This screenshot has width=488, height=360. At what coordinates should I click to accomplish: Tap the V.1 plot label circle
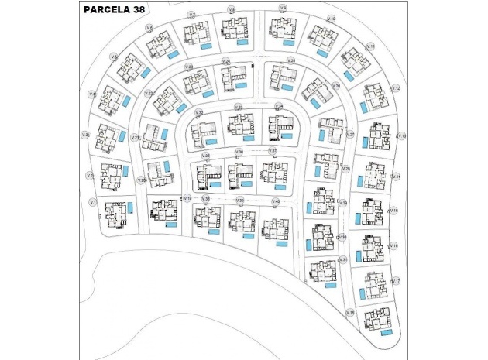(92, 202)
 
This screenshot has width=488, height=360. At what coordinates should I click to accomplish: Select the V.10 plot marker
(332, 18)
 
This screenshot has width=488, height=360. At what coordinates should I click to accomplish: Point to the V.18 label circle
(350, 313)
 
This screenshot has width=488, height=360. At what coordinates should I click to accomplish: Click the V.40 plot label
(276, 201)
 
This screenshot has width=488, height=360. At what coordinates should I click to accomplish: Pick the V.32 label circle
(199, 113)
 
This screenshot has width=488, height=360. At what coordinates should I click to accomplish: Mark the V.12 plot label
(395, 88)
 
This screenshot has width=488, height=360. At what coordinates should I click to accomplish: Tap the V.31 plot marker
(343, 259)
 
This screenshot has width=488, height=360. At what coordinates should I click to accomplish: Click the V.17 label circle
(396, 281)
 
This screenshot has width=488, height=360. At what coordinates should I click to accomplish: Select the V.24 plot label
(225, 60)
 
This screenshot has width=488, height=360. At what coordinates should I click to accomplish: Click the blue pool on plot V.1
(130, 207)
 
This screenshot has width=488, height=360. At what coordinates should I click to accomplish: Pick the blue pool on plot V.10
(322, 53)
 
